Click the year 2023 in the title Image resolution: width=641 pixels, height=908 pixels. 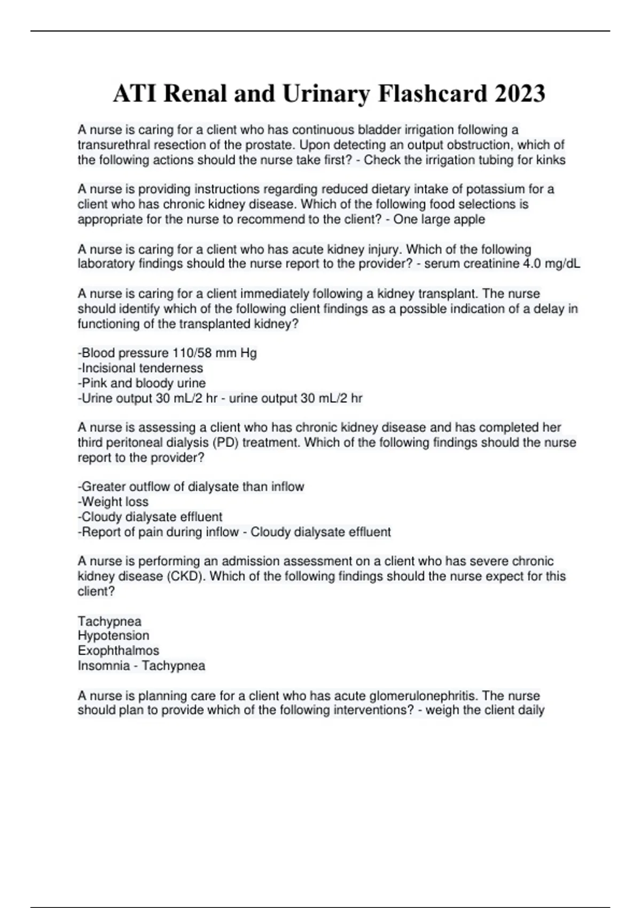520,94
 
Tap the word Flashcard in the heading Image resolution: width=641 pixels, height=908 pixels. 432,94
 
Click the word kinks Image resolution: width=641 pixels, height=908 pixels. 551,160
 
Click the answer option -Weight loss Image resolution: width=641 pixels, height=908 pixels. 113,502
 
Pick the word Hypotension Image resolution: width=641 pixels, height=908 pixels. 113,636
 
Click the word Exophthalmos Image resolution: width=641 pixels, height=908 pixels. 118,651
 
